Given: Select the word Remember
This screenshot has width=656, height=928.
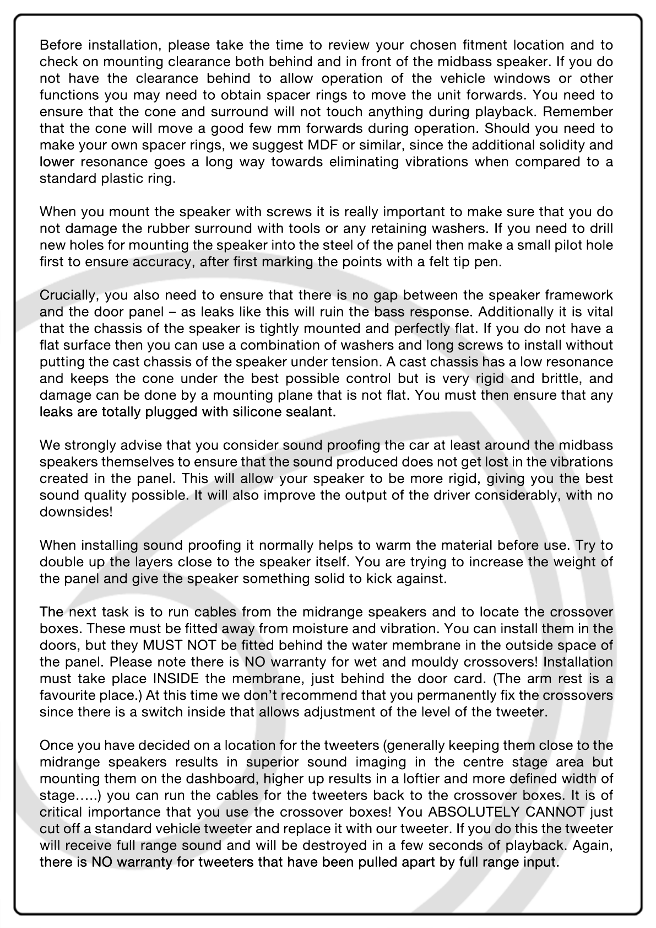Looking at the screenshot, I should pyautogui.click(x=578, y=112).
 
